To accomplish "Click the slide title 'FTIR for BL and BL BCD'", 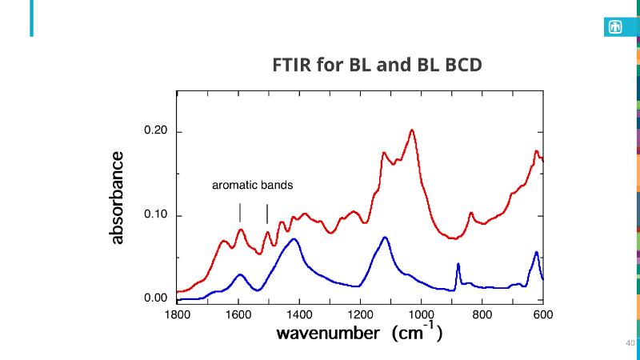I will point(378,65).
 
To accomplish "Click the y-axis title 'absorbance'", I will point(118,198).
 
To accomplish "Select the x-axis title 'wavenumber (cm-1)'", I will point(360,334).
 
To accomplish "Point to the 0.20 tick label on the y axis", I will point(154,132).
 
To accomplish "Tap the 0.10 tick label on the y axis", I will point(154,216).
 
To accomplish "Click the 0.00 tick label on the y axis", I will point(154,299).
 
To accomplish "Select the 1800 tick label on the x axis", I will point(177,314).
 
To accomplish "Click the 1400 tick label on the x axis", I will point(299,314).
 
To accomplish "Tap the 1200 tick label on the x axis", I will point(360,314).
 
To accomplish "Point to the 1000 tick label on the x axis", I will point(421,314).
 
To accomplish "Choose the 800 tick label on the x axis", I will point(482,314).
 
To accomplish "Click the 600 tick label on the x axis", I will point(542,314).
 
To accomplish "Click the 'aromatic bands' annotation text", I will point(252,186).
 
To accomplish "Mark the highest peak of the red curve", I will point(412,130).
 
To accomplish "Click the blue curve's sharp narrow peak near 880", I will point(458,264).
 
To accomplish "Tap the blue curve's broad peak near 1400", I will point(294,239).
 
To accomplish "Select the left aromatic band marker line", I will point(240,213).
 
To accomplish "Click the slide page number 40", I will point(630,344).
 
